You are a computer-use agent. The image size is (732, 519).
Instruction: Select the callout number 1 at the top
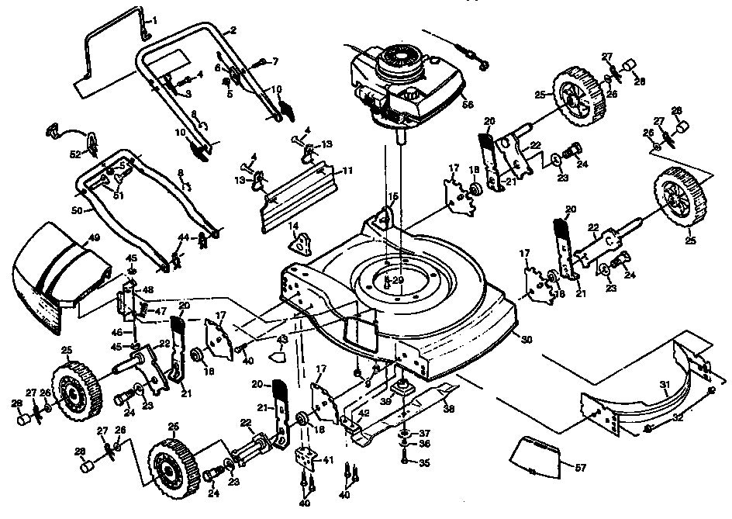(x=153, y=19)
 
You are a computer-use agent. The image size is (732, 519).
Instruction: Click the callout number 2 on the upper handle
(x=233, y=31)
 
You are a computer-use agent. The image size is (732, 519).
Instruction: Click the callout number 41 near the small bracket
(x=329, y=460)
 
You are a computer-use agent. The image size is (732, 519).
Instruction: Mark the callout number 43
(x=282, y=340)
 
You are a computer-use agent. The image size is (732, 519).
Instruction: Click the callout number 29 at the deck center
(x=397, y=279)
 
